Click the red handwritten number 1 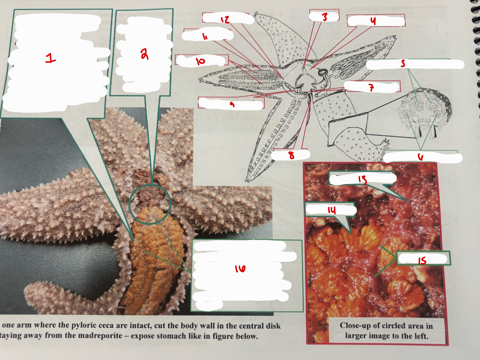[x=50, y=58]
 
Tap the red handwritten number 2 [x=144, y=54]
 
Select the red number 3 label [x=324, y=17]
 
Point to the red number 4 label [x=373, y=21]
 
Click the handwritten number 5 [x=403, y=63]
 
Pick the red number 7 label [x=371, y=88]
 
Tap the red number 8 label [x=291, y=155]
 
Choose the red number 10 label [x=200, y=61]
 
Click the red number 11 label [x=205, y=36]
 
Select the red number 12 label [x=225, y=19]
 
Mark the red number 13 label [x=363, y=178]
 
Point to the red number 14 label [x=331, y=210]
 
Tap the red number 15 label [x=422, y=260]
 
